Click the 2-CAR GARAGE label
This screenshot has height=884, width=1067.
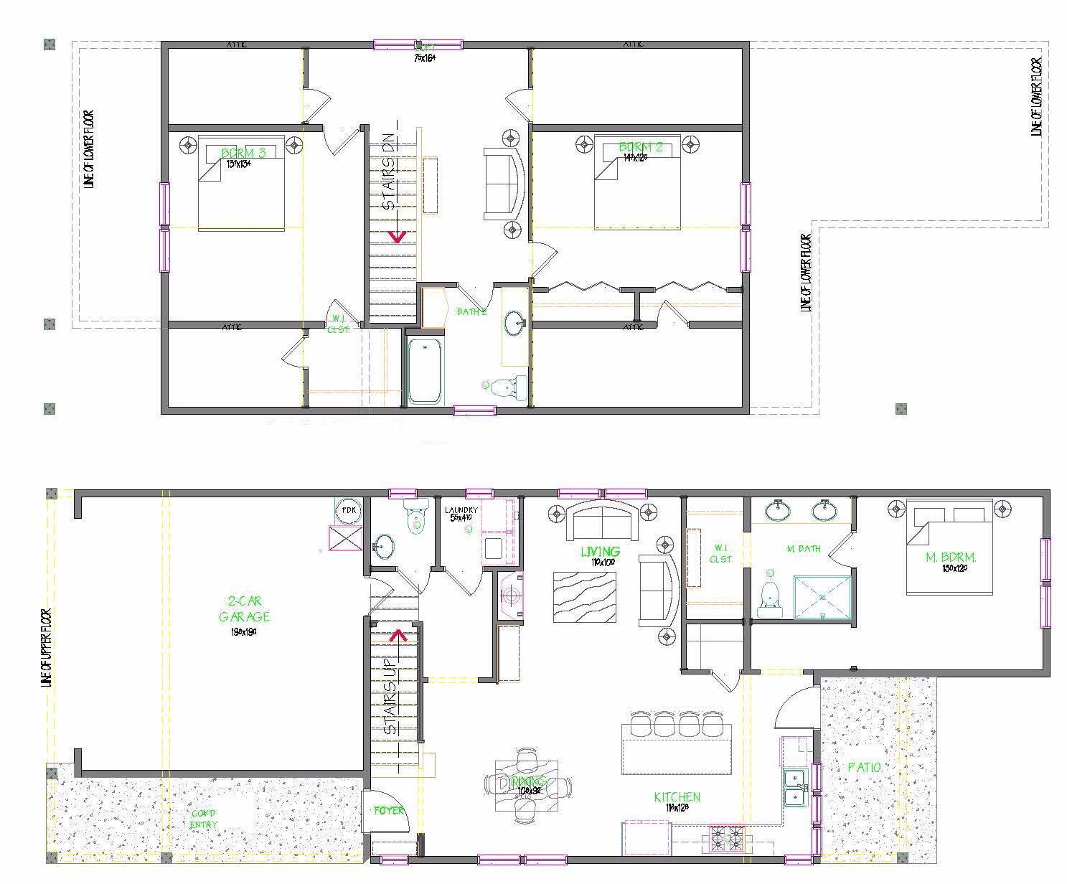tap(244, 609)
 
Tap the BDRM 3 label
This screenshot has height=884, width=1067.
tap(243, 153)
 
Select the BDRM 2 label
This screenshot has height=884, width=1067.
tap(641, 149)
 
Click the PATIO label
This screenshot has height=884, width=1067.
tap(865, 767)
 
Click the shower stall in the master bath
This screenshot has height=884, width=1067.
tap(823, 596)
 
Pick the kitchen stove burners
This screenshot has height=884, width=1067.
tap(727, 836)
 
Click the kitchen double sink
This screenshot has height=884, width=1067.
tap(794, 788)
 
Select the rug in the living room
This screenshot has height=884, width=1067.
tap(584, 596)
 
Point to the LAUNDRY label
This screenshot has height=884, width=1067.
tap(461, 510)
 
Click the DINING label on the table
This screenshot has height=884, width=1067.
tap(528, 781)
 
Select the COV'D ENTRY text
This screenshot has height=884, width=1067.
tap(203, 819)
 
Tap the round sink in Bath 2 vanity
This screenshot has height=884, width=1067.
tap(514, 322)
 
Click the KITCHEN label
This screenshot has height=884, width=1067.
tap(677, 797)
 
